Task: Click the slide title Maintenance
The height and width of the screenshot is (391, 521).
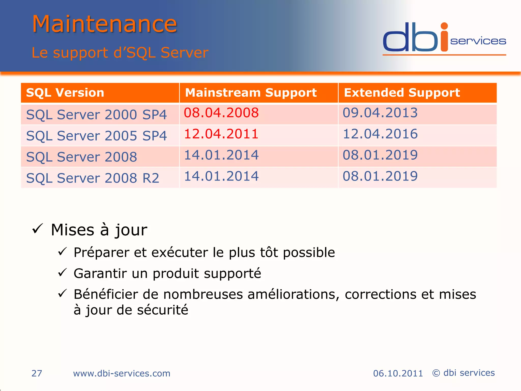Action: (x=104, y=24)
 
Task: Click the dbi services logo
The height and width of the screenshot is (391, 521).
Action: (x=444, y=38)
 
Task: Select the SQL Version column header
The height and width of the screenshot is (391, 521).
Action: (x=65, y=93)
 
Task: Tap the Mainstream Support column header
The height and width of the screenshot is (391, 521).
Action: (x=251, y=93)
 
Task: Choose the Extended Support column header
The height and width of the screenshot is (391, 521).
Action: (x=402, y=93)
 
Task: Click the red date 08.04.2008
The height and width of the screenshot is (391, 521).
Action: (x=221, y=113)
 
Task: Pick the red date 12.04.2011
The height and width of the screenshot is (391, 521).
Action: (x=221, y=134)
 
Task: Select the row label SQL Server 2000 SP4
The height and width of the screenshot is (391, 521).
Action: (x=96, y=115)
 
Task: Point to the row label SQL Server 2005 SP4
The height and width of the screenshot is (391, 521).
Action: (x=96, y=136)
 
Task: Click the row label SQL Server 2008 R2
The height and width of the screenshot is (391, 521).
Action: (x=93, y=178)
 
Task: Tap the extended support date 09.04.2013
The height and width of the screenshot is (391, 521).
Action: (x=380, y=113)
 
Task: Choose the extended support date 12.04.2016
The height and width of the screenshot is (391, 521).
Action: (x=380, y=134)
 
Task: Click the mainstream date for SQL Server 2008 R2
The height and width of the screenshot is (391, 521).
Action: (x=221, y=176)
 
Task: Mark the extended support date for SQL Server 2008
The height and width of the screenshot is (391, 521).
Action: (x=380, y=155)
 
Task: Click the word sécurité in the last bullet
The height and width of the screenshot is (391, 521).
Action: (x=163, y=310)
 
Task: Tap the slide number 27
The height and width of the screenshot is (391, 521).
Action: (x=37, y=373)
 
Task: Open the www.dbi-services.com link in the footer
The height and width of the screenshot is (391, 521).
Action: (x=122, y=373)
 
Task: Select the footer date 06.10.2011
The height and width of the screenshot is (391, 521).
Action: (x=398, y=373)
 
